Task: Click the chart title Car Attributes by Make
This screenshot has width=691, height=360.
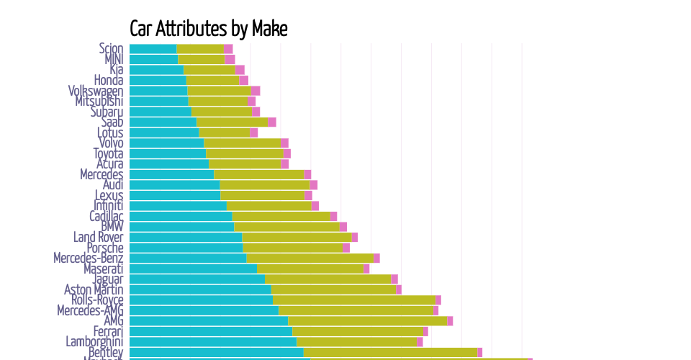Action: tap(208, 29)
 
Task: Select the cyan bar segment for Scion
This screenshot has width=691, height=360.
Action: tap(153, 49)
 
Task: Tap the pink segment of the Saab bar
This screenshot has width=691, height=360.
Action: tap(271, 122)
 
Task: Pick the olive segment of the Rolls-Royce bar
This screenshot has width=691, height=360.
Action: tap(354, 300)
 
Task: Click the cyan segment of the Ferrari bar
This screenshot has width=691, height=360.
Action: tap(210, 331)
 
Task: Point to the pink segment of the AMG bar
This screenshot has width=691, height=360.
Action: tap(450, 320)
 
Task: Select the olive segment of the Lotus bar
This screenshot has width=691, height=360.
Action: tap(225, 132)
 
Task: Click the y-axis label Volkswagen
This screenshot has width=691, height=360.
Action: tap(96, 91)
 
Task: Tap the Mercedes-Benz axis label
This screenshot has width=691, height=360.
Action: tap(89, 258)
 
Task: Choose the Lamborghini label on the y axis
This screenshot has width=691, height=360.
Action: tap(94, 341)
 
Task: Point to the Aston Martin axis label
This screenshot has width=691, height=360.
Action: tap(94, 289)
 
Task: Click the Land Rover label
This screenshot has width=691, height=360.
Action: tap(98, 237)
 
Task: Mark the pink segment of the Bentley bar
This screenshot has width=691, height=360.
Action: tap(480, 352)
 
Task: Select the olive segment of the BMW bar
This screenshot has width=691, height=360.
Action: tap(286, 227)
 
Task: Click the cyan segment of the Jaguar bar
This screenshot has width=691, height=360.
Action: tap(197, 279)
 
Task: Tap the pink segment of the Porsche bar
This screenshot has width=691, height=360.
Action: tap(345, 248)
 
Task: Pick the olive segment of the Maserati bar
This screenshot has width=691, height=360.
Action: tap(310, 269)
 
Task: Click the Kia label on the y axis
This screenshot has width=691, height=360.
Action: tap(116, 70)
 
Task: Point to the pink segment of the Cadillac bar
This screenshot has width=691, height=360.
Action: tap(333, 216)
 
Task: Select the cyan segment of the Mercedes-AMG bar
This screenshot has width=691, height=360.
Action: tap(204, 310)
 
